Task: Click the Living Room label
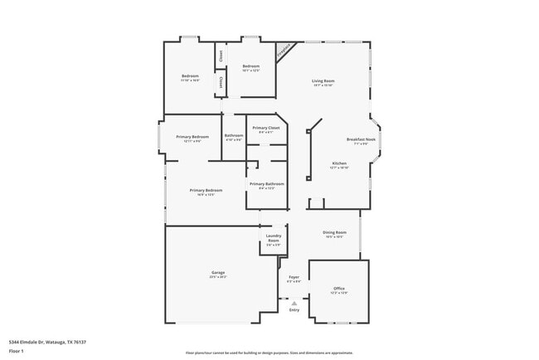pyautogui.click(x=323, y=80)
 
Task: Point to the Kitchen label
pyautogui.click(x=340, y=163)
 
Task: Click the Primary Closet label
pyautogui.click(x=266, y=128)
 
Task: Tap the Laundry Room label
pyautogui.click(x=273, y=238)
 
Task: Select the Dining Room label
pyautogui.click(x=334, y=232)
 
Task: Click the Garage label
pyautogui.click(x=218, y=272)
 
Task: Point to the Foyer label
pyautogui.click(x=294, y=276)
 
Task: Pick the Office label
pyautogui.click(x=339, y=288)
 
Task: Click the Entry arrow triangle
pyautogui.click(x=294, y=304)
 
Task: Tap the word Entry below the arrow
pyautogui.click(x=294, y=310)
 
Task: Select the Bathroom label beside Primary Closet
pyautogui.click(x=234, y=135)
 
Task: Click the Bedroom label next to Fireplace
pyautogui.click(x=250, y=66)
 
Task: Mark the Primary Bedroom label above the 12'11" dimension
pyautogui.click(x=192, y=136)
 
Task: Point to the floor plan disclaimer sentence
pyautogui.click(x=269, y=352)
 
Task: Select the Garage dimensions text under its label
pyautogui.click(x=218, y=277)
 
